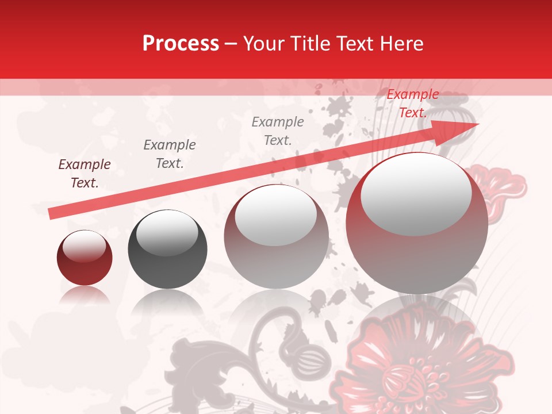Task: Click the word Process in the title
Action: [181, 43]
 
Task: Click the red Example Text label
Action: [412, 103]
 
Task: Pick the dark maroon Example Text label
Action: [85, 174]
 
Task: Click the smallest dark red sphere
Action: [85, 258]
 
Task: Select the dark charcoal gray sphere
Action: [167, 250]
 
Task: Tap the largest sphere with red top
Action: [417, 223]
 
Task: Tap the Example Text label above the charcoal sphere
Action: [170, 154]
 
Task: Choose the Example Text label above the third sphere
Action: [278, 131]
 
